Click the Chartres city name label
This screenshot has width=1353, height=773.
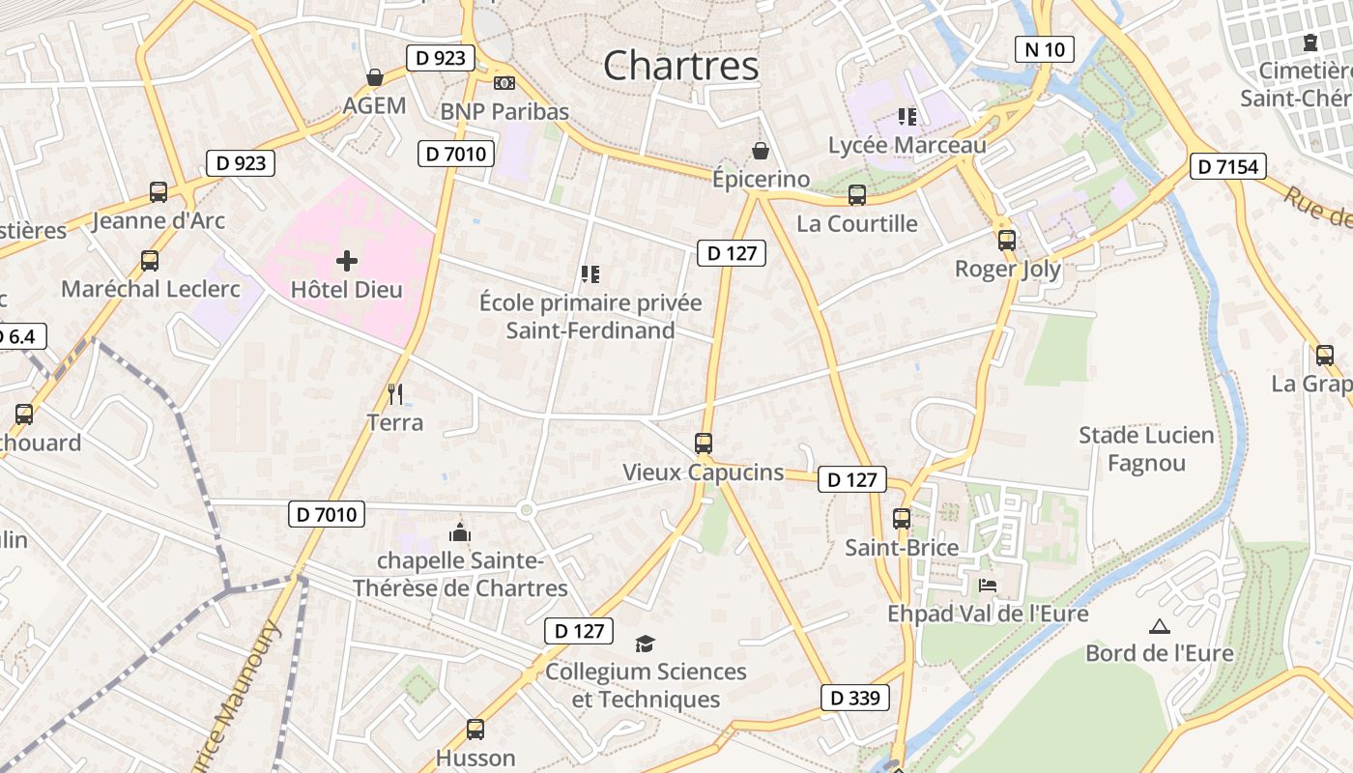coord(681,66)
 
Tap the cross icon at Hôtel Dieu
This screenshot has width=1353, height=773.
coord(347,260)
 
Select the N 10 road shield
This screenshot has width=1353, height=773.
coord(1045,49)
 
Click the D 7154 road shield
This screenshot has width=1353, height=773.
coord(1227,166)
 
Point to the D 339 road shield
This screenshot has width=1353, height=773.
coord(854,698)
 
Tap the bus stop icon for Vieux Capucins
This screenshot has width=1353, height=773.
coord(704,444)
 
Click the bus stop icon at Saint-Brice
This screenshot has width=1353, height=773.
coord(902,519)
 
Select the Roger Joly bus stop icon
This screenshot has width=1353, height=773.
coord(1007,240)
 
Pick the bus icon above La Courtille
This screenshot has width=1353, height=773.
coord(856,195)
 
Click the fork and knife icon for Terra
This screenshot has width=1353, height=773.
coord(394,393)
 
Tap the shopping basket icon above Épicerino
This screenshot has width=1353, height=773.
coord(761,151)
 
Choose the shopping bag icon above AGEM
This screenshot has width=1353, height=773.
coord(374,77)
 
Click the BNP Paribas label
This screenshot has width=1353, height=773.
coord(504,111)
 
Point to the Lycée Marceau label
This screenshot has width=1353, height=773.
coord(907,145)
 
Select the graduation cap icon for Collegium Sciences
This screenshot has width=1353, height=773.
coord(645,644)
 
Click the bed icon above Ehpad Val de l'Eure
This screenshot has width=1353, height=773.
coord(987,586)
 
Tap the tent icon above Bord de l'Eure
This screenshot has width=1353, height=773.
coord(1159,626)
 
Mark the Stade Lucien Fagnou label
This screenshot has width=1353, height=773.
coord(1146,449)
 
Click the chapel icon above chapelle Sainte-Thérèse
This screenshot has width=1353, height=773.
coord(460,532)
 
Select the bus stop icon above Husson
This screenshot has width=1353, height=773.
coord(475,730)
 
